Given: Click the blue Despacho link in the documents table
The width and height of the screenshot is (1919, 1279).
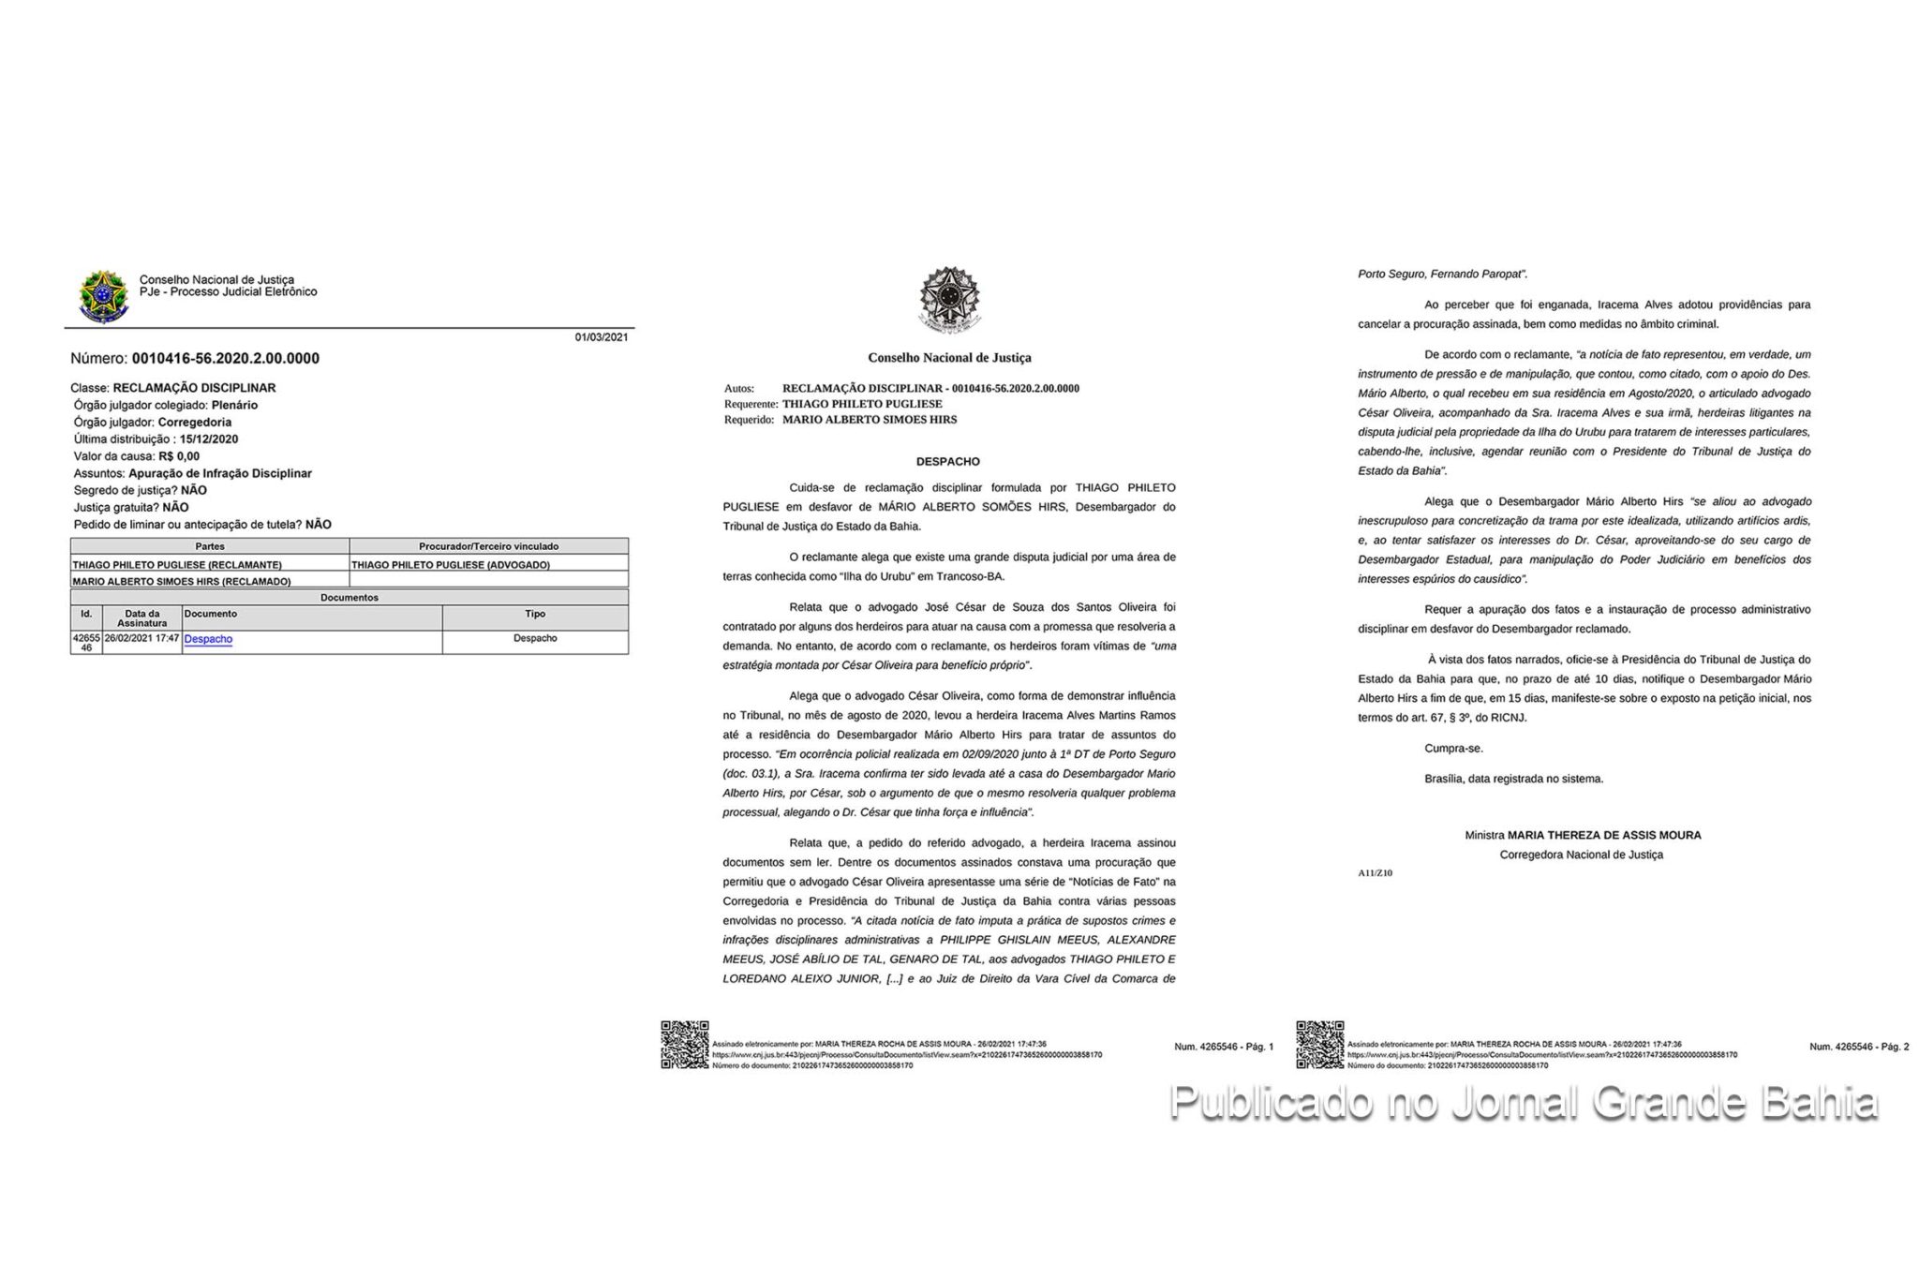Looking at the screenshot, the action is [208, 639].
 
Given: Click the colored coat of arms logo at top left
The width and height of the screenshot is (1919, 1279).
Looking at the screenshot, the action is [103, 297].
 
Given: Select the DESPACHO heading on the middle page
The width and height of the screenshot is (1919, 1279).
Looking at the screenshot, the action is [948, 462].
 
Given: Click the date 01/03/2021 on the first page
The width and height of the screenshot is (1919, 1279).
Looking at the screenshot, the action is [602, 337].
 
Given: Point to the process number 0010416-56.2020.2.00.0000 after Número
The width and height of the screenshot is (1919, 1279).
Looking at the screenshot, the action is [225, 358].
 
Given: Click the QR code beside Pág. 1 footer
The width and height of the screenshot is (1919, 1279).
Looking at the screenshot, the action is [685, 1045].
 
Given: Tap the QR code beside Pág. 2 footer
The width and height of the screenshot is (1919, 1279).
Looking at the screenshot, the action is [1319, 1045].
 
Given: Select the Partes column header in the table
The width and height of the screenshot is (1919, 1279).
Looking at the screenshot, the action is [210, 546].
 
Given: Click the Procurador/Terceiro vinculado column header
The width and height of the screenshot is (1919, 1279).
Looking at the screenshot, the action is [488, 546].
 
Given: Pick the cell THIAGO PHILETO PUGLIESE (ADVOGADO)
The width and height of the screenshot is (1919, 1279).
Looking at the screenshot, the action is [451, 565].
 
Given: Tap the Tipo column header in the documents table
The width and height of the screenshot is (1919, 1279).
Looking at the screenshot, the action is [535, 614].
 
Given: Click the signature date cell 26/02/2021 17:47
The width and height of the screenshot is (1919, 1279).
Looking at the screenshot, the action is [141, 638].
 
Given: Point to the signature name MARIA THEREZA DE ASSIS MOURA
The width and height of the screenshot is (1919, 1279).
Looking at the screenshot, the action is [1604, 835].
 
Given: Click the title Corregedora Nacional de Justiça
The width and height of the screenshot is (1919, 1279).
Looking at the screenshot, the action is [1582, 855].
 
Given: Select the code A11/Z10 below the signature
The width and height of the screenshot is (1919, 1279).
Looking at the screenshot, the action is [1375, 873].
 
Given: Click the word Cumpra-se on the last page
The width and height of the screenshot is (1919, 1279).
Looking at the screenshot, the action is [1453, 749].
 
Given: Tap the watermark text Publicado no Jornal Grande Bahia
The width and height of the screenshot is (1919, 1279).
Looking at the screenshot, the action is [1524, 1103].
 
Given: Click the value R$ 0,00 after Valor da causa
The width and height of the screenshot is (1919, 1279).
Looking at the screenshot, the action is [179, 456].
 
